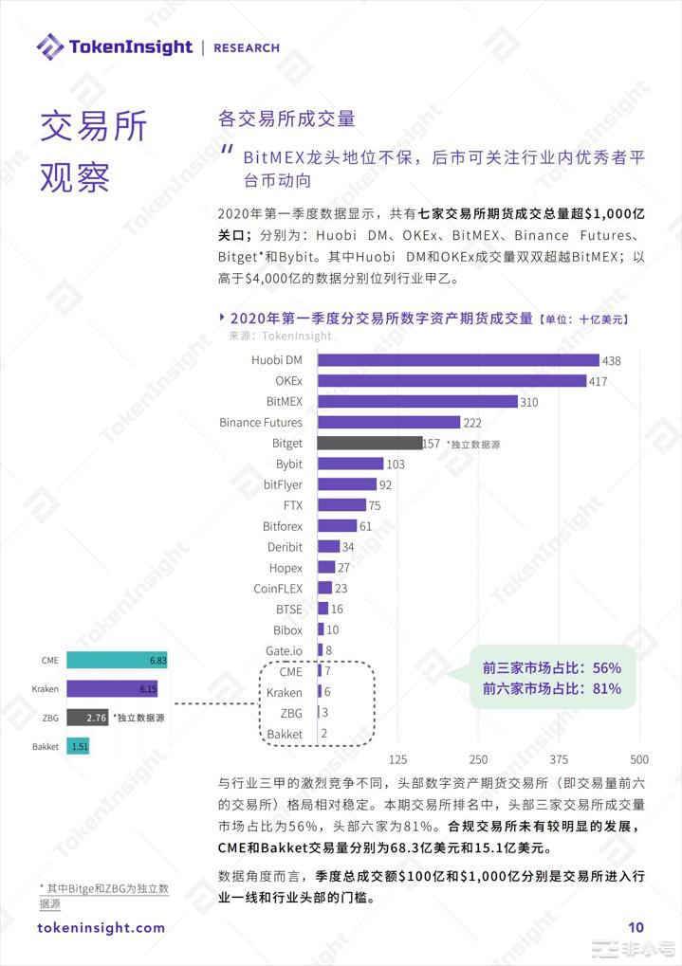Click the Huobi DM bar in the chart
(458, 360)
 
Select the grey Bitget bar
(370, 443)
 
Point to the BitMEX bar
(417, 402)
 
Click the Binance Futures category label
(261, 423)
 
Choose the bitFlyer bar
(347, 484)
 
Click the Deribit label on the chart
(285, 547)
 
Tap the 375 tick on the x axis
(560, 759)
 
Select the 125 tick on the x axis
(398, 759)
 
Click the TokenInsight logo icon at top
(49, 46)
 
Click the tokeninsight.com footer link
(101, 928)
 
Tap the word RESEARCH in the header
(247, 47)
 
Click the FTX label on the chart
(292, 505)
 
